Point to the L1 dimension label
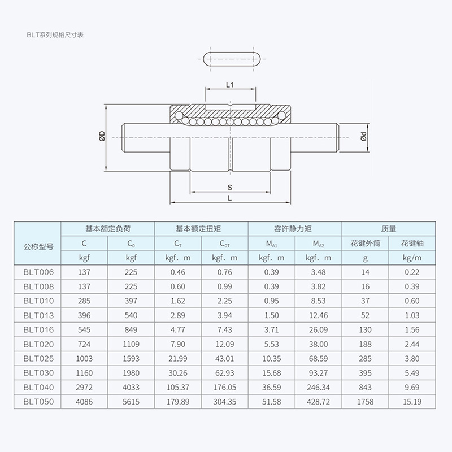[230, 85]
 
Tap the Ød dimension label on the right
[363, 136]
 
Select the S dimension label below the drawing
[230, 187]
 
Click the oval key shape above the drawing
[230, 59]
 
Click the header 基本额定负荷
[107, 229]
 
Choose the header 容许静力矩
[293, 229]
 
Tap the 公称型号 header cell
[38, 246]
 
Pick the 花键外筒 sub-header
[366, 244]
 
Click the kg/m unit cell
[412, 258]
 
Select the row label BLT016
[38, 329]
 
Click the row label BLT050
[38, 402]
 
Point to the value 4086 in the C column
[84, 402]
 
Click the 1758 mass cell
[366, 402]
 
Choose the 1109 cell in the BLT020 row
[131, 344]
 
